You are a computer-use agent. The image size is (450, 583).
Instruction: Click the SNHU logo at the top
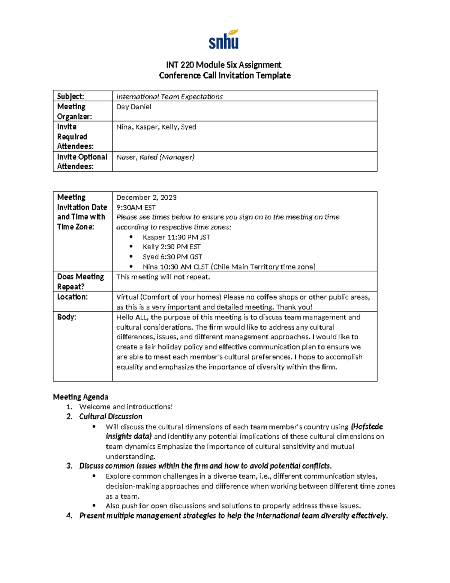pos(224,39)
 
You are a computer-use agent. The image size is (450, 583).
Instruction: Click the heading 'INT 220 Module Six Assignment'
pos(224,65)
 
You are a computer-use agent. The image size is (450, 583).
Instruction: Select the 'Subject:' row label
pos(70,96)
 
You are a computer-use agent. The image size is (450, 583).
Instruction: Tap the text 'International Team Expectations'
pos(169,96)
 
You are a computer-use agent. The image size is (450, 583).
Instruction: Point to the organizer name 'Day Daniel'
pos(133,107)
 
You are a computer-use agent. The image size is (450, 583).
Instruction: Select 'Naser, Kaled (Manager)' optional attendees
pos(155,157)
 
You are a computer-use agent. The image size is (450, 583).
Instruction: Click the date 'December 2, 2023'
pos(146,197)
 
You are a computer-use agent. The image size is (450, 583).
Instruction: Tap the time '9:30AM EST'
pos(136,207)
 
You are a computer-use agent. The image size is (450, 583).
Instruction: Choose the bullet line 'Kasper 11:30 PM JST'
pos(176,237)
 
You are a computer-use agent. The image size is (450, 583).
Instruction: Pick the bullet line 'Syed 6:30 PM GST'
pos(172,257)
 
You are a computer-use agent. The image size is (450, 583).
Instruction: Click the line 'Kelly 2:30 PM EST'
pos(171,247)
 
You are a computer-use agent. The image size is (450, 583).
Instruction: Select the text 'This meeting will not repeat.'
pos(163,277)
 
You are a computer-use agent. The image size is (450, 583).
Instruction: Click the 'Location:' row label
pos(72,297)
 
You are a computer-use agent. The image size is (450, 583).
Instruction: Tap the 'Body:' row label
pos(66,317)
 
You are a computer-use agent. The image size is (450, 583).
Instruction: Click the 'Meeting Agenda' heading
pos(81,397)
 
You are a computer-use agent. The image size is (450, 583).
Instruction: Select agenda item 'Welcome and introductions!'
pos(126,407)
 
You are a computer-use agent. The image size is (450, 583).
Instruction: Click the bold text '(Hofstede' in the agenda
pos(367,426)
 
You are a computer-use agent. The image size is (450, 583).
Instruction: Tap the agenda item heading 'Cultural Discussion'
pos(111,416)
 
